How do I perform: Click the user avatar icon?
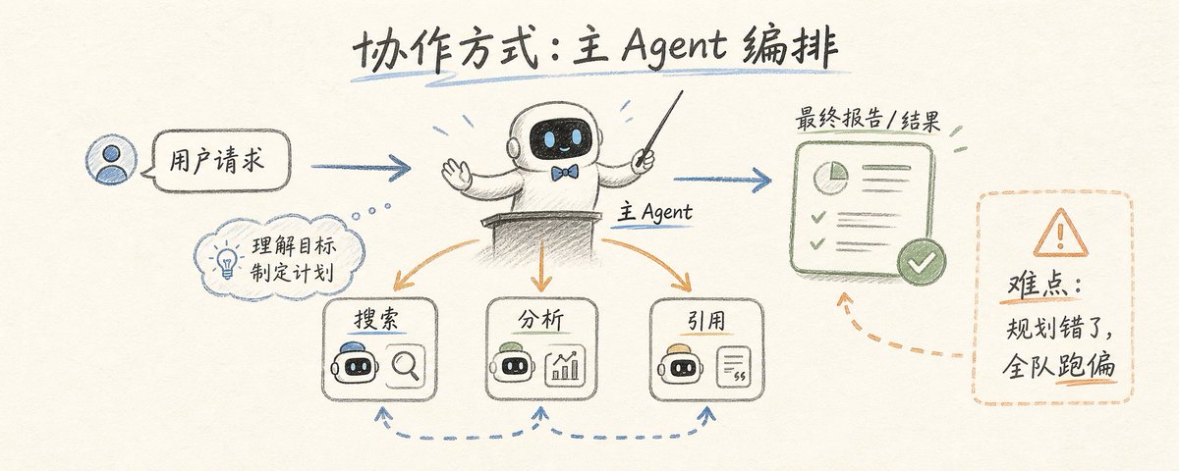(x=112, y=161)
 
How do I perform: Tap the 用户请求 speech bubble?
(x=221, y=160)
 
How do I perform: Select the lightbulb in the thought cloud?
(x=227, y=260)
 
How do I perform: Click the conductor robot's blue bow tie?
(x=564, y=172)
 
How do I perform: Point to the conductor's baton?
(x=659, y=129)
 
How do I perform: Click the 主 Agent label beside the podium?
(x=654, y=212)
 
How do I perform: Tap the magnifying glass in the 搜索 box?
(x=406, y=366)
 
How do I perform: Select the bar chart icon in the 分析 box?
(x=565, y=366)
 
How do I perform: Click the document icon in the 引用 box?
(x=734, y=366)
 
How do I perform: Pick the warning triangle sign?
(x=1060, y=233)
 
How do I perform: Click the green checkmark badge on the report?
(x=922, y=262)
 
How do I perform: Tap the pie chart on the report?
(x=831, y=178)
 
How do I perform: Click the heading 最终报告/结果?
(x=868, y=120)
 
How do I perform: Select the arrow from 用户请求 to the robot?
(x=361, y=167)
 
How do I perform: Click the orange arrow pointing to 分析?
(x=540, y=266)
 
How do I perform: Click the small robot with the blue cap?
(x=356, y=362)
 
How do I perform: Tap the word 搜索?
(x=377, y=319)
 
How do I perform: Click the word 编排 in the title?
(x=790, y=47)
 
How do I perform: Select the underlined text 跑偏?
(x=1086, y=365)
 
